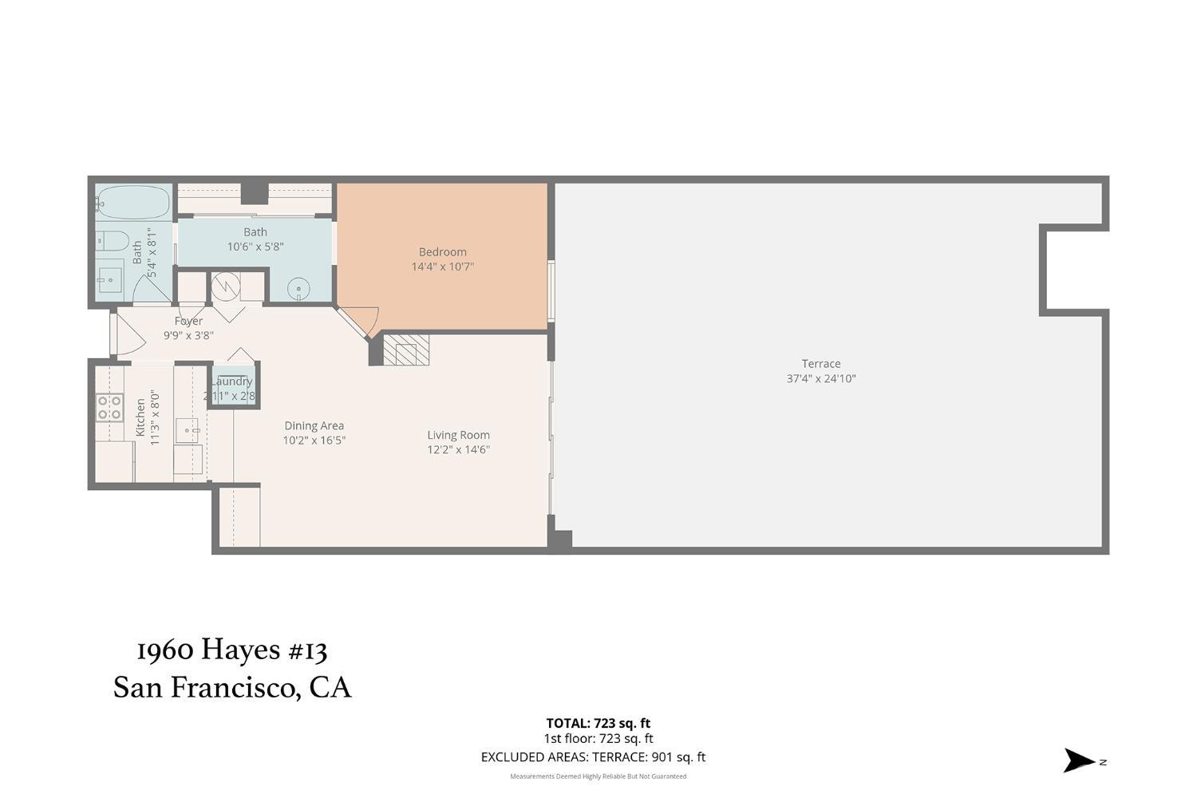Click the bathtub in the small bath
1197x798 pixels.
pos(133,203)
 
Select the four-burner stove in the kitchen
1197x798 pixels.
pos(109,408)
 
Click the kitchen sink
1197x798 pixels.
pos(189,432)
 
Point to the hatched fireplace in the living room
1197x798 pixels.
pos(406,350)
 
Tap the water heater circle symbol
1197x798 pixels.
pos(226,285)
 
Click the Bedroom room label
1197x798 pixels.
pos(442,252)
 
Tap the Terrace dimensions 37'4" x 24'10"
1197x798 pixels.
pos(820,379)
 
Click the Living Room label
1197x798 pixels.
pos(458,435)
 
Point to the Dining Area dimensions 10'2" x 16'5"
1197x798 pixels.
pos(314,440)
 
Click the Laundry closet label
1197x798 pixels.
pos(232,382)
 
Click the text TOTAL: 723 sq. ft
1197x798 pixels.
pos(598,724)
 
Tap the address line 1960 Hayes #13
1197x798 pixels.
pos(231,650)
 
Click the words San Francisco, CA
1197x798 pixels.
pos(231,688)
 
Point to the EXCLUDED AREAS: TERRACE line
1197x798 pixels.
pos(593,757)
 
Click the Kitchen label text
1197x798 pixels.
pos(141,417)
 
